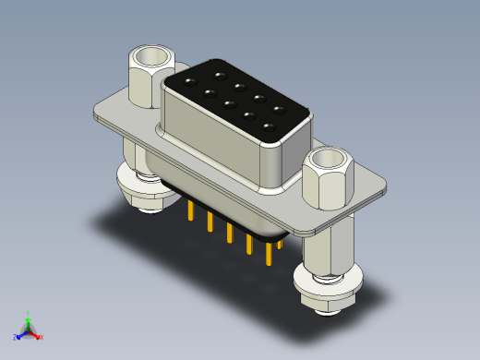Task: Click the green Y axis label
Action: pyautogui.click(x=29, y=313)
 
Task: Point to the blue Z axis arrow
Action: pyautogui.click(x=19, y=335)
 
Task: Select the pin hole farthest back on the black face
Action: pyautogui.click(x=220, y=74)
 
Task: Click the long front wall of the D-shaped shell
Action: pyautogui.click(x=212, y=138)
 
